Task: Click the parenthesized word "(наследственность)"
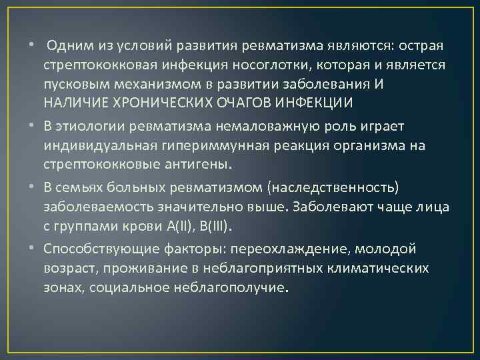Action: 317,188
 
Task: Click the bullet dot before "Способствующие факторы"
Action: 32,249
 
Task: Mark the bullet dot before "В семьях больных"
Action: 32,188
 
